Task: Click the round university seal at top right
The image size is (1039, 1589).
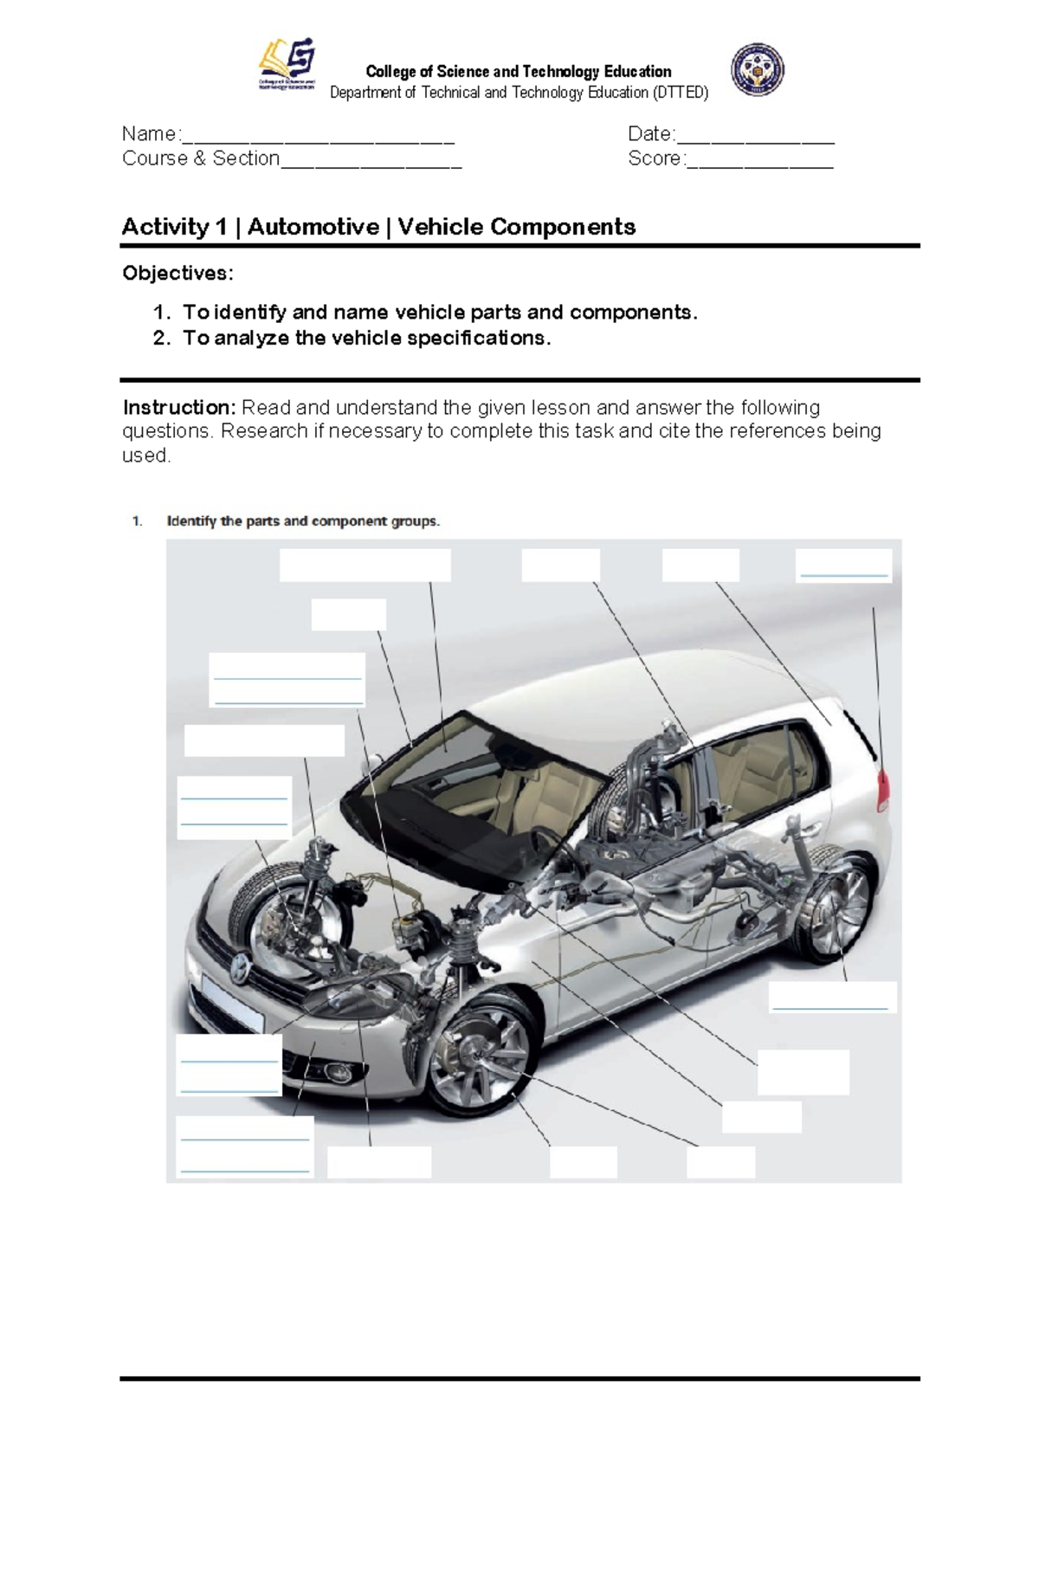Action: (x=757, y=69)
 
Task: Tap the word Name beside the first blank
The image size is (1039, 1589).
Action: (x=149, y=134)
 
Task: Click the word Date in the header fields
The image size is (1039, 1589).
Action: (x=649, y=134)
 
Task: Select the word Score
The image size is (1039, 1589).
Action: (x=655, y=158)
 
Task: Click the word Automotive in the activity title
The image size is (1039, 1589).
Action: (x=313, y=227)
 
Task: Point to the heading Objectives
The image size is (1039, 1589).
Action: (x=177, y=274)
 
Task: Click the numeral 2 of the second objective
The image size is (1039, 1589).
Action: (x=160, y=339)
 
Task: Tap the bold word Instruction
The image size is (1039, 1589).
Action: (x=177, y=408)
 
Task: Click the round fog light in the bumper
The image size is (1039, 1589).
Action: (x=334, y=1075)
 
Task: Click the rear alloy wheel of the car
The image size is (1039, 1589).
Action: (x=838, y=909)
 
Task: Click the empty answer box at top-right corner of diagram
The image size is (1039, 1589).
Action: (x=843, y=565)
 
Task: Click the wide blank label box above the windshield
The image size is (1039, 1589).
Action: (x=365, y=565)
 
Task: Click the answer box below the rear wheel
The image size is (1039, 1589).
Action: (x=831, y=998)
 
